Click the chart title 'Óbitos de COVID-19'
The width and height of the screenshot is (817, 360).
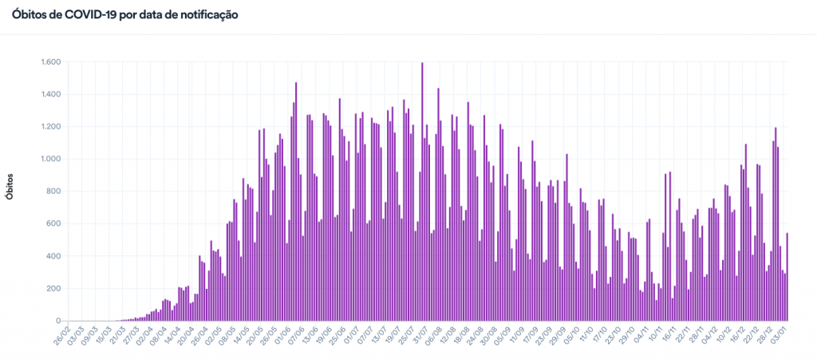point(124,15)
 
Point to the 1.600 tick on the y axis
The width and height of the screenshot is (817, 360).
point(51,62)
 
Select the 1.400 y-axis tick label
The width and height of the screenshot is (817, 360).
point(51,94)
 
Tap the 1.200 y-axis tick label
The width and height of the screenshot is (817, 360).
point(51,127)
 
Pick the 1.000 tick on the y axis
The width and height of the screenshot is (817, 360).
point(51,159)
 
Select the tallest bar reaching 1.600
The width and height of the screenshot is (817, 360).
point(422,192)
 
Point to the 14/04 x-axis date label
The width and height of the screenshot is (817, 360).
point(170,336)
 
